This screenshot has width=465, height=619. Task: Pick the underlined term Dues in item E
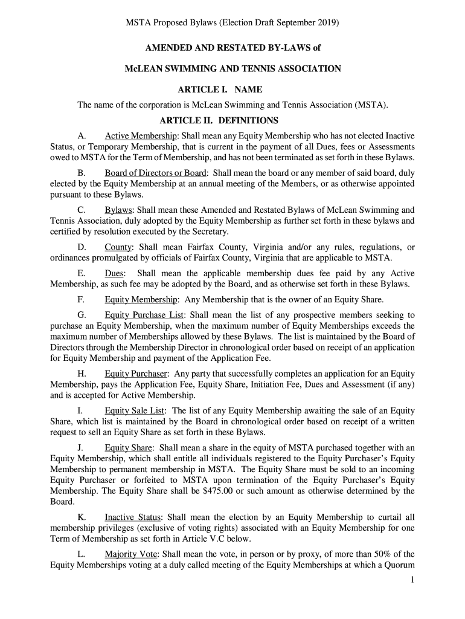click(x=115, y=273)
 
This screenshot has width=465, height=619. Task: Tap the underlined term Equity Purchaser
click(x=136, y=374)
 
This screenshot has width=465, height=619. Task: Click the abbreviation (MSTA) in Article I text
click(x=371, y=105)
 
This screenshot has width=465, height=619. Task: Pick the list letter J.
click(x=80, y=448)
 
